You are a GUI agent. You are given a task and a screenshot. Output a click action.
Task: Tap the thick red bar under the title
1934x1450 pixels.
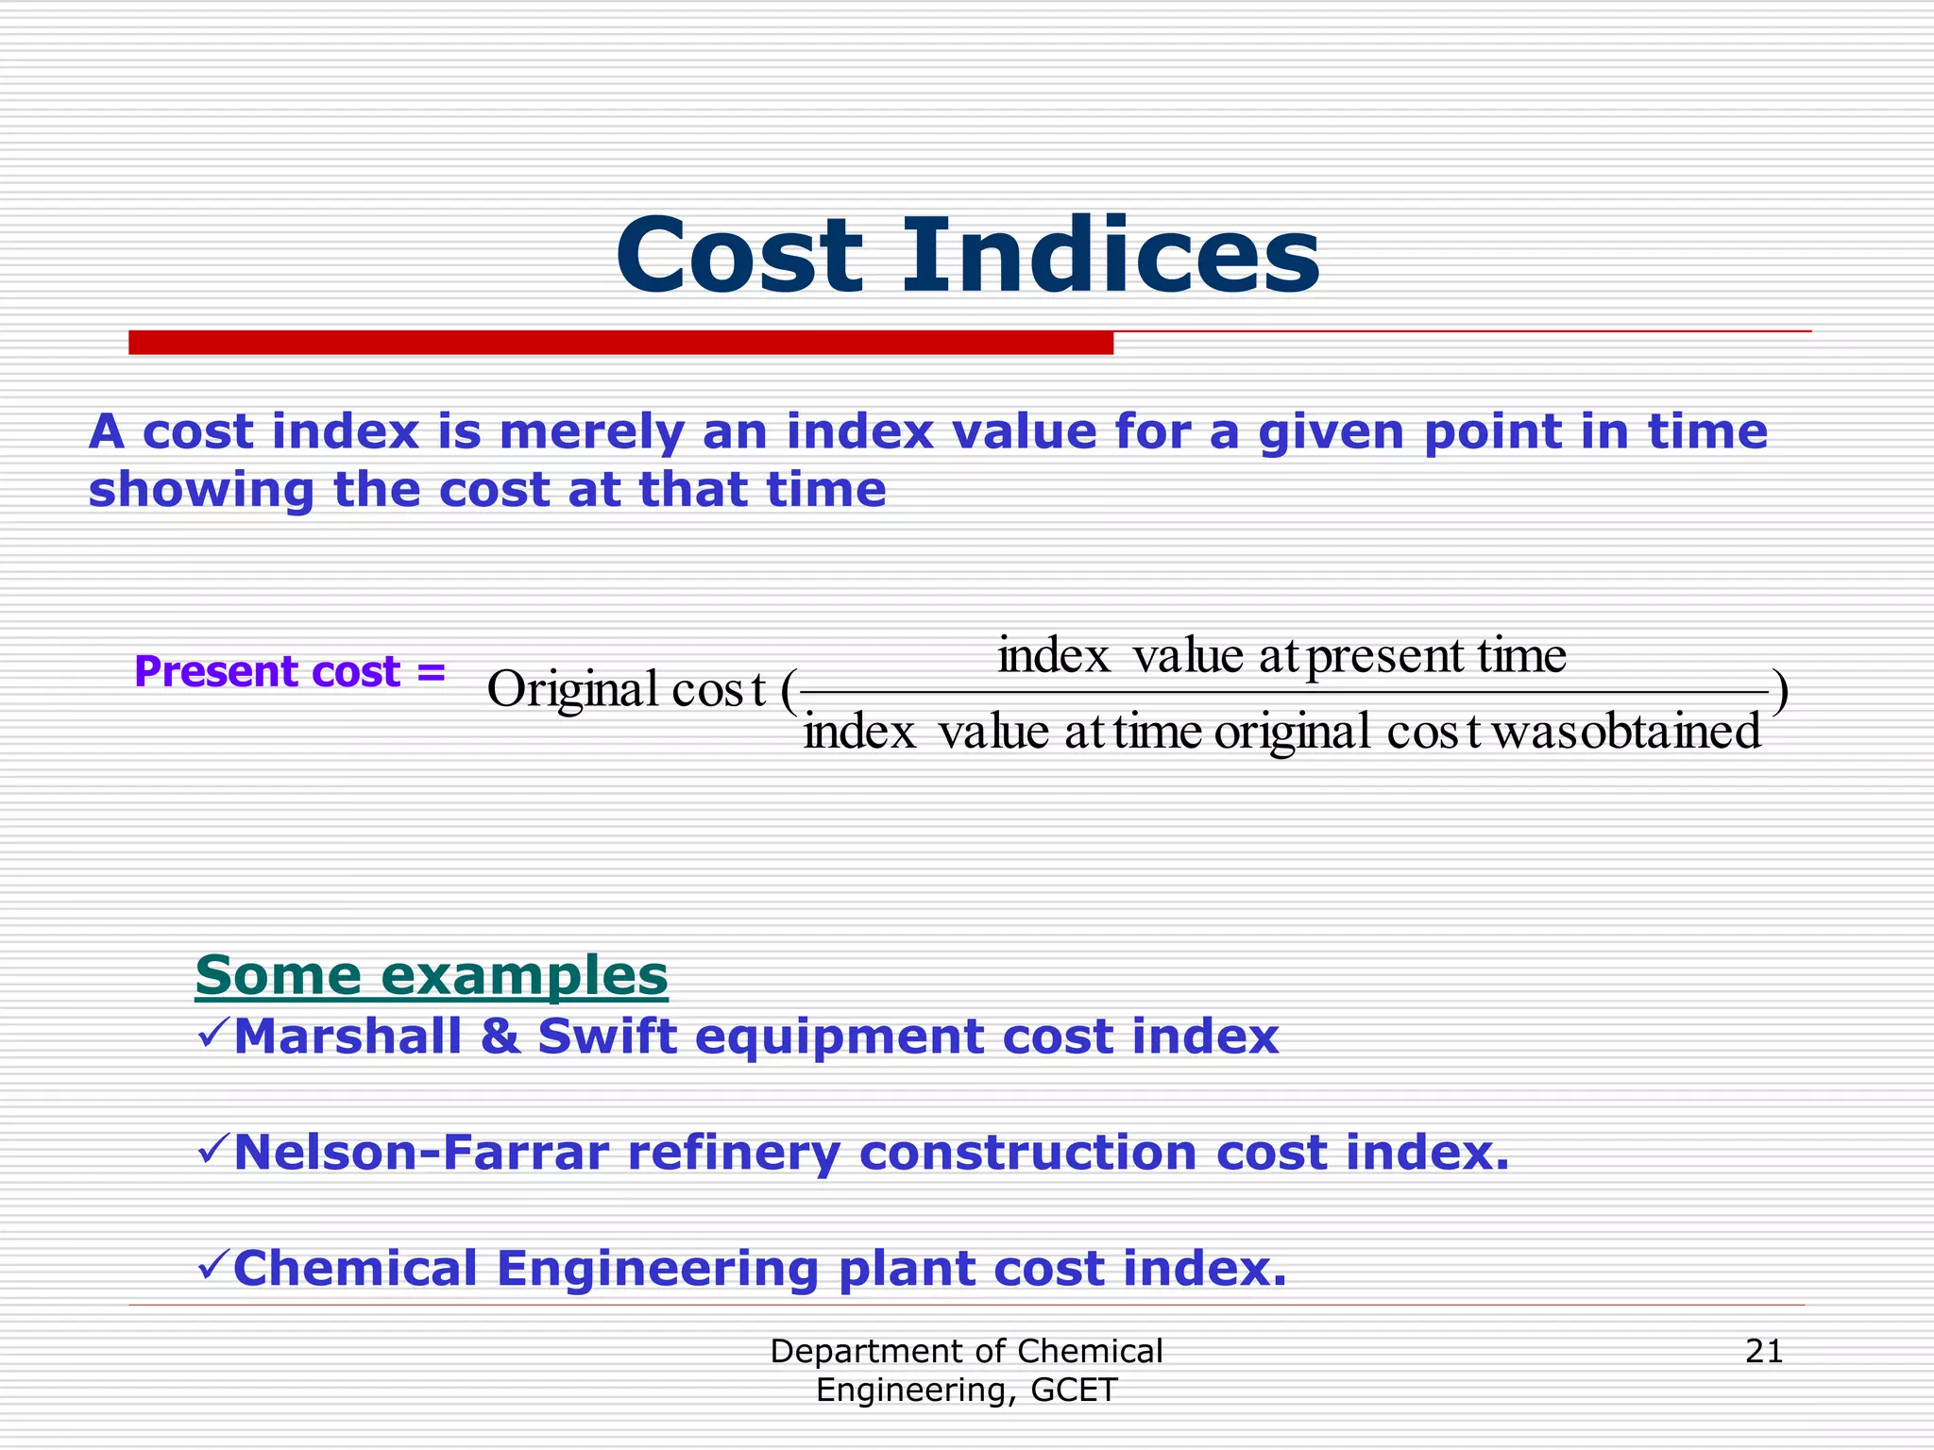pos(620,343)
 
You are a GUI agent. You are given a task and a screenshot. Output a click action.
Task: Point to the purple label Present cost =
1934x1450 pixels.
pos(289,672)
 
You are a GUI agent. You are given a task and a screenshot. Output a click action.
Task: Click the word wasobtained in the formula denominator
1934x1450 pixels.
pos(1626,733)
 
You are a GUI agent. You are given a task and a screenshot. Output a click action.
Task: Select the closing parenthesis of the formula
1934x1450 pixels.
pos(1779,692)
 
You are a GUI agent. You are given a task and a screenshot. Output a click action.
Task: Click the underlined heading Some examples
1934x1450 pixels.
pos(432,975)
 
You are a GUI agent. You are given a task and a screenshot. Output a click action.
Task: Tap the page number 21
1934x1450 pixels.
pos(1764,1352)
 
